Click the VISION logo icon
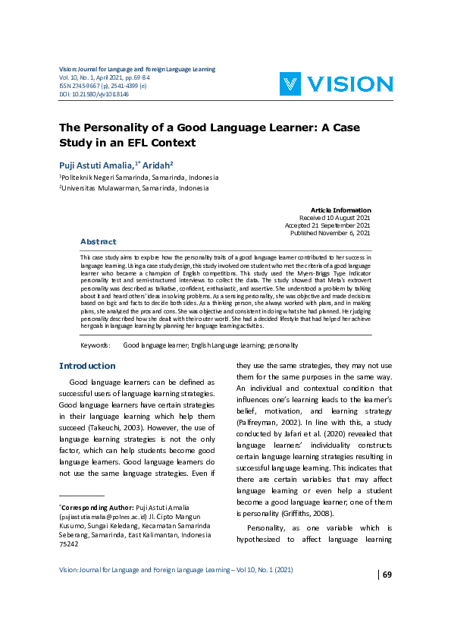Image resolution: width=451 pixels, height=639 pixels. pyautogui.click(x=293, y=83)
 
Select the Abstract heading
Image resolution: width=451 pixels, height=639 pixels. pyautogui.click(x=99, y=241)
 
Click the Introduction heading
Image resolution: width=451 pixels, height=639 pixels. pyautogui.click(x=87, y=366)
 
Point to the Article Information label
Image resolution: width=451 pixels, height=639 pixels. pyautogui.click(x=341, y=209)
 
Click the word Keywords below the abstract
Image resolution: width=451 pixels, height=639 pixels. pyautogui.click(x=96, y=345)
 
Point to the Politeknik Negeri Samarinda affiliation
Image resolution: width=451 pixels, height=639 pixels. pyautogui.click(x=133, y=175)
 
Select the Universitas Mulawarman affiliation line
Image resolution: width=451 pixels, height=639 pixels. pyautogui.click(x=133, y=187)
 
